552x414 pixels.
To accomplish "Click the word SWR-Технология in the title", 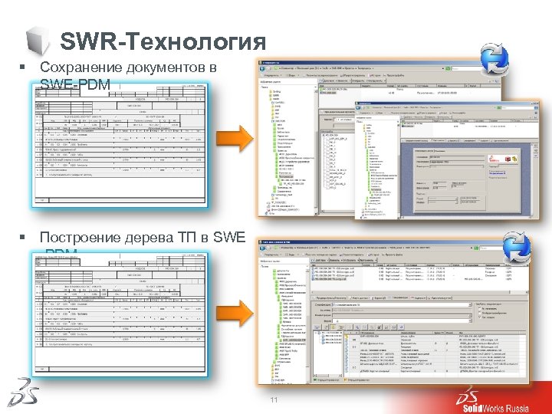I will point(163,41).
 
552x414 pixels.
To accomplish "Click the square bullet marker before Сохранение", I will point(24,69).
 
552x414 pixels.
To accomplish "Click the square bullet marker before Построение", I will point(24,238).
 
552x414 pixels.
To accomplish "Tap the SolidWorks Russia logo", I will point(491,396).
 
